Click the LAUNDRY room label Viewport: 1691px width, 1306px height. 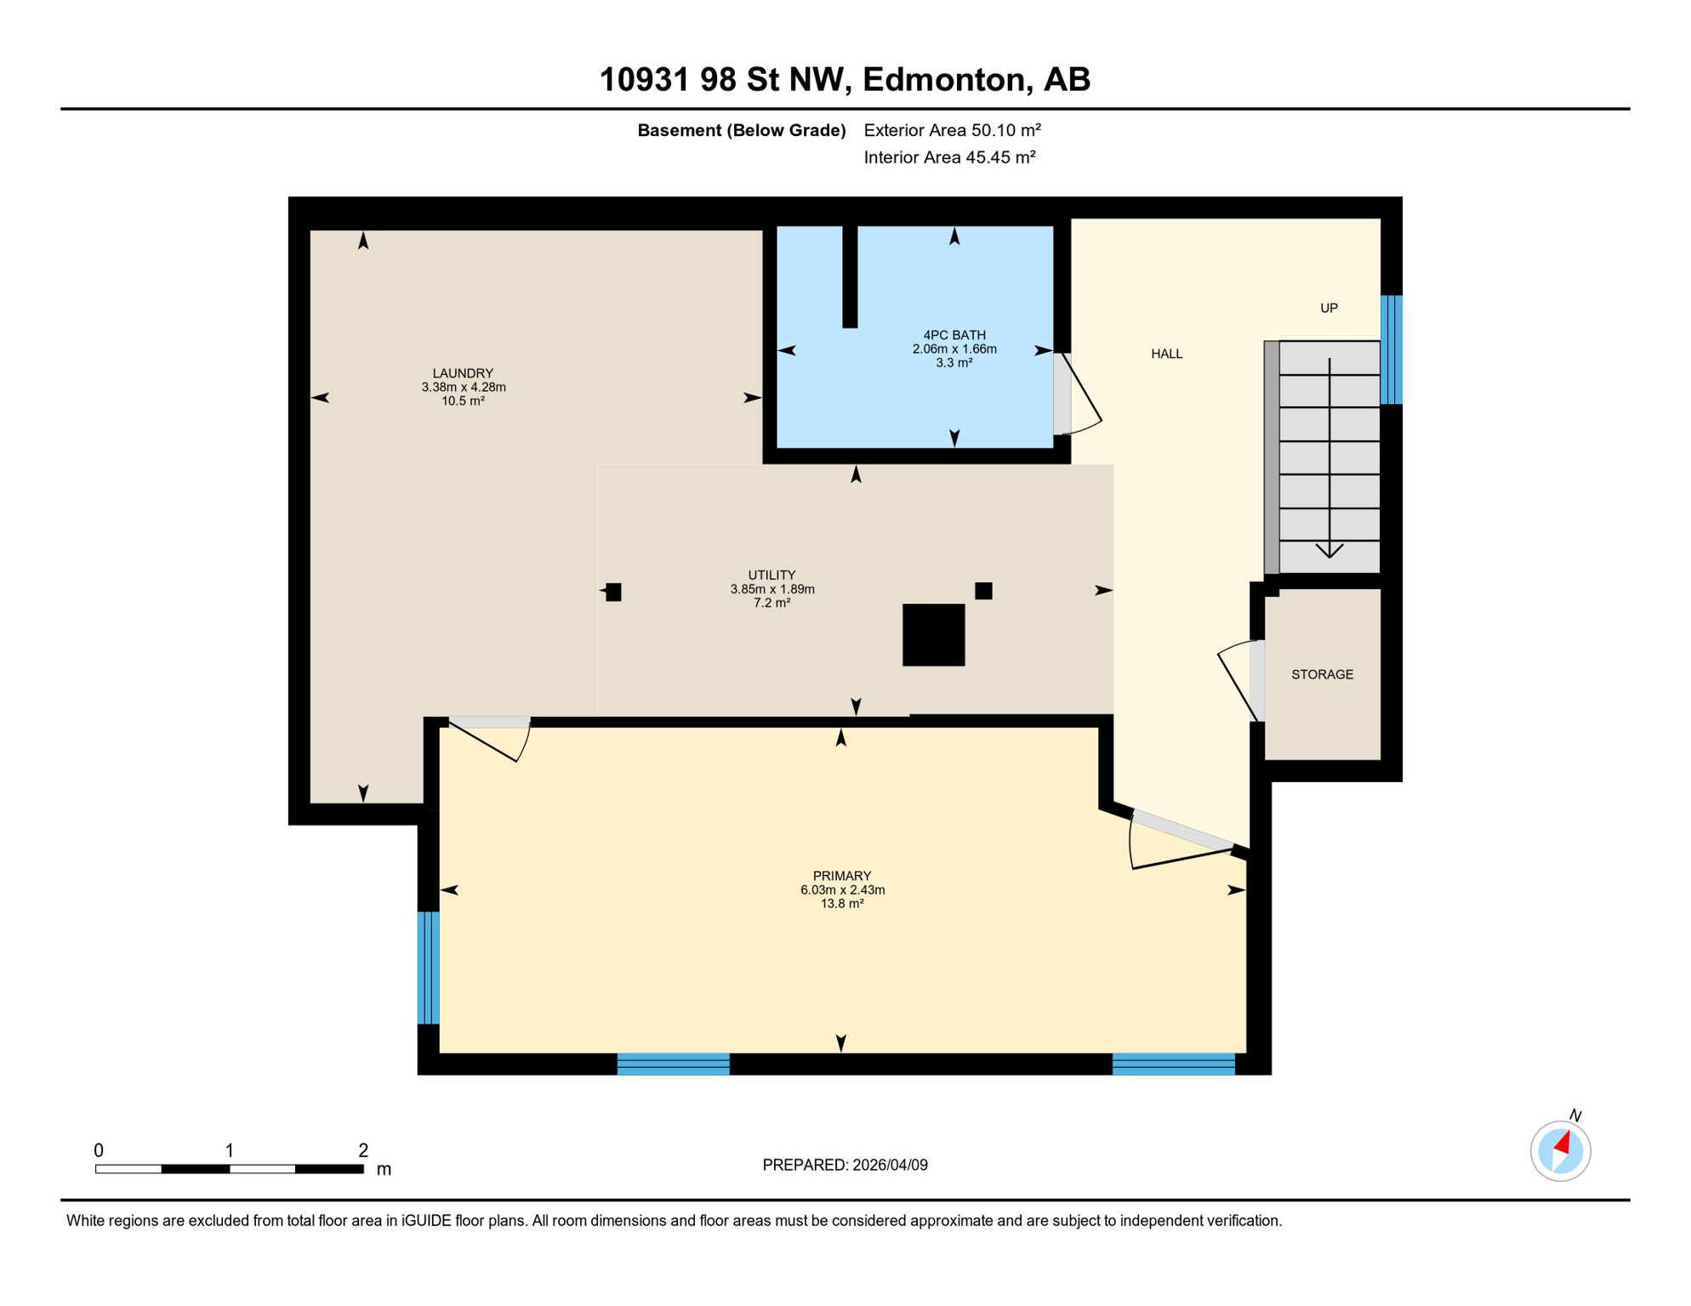coord(462,373)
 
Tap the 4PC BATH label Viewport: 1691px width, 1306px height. coord(954,335)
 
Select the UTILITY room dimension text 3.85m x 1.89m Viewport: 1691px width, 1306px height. coord(771,589)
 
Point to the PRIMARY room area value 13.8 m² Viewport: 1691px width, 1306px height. coord(841,904)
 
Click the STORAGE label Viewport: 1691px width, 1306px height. coord(1322,674)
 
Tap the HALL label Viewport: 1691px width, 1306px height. coord(1166,354)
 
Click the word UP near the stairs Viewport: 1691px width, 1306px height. coord(1329,308)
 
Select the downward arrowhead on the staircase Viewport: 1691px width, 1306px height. coord(1329,550)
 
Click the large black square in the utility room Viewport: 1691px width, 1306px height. coord(933,635)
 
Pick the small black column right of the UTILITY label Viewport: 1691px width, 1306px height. coord(983,591)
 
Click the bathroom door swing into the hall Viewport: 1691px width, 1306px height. coord(1081,396)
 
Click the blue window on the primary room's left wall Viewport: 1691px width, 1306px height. coord(429,968)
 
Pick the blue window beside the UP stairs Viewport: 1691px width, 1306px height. coord(1391,349)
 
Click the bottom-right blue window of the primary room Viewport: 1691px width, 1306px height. coord(1173,1064)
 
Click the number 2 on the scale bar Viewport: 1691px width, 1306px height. coord(363,1150)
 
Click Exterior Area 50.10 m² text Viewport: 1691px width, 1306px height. coord(952,130)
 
